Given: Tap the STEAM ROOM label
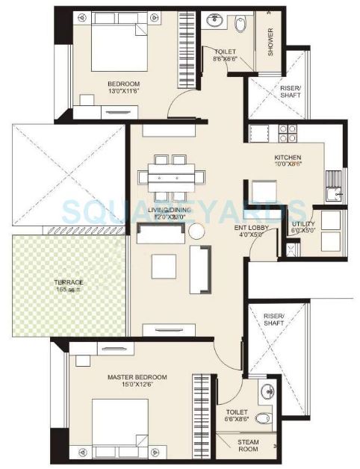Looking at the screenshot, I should [x=249, y=446].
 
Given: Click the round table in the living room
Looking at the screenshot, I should [x=196, y=232].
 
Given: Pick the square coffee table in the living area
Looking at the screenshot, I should [x=164, y=266].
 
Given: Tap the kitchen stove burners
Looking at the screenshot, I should [x=288, y=133].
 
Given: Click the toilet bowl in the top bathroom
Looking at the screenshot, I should [x=240, y=25].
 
